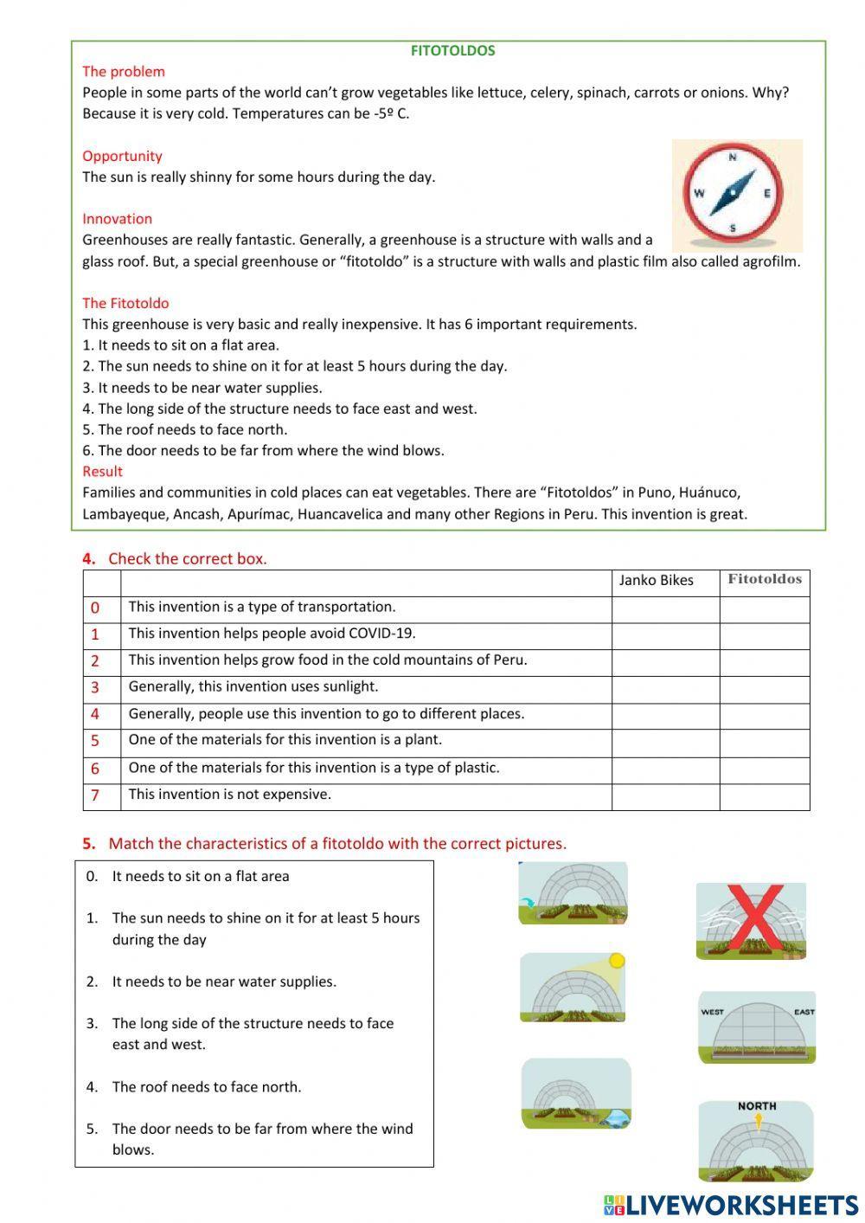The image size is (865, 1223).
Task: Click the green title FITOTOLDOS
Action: tap(452, 51)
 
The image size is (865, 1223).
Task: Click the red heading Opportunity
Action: tap(122, 156)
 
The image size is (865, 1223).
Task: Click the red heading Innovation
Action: tap(117, 219)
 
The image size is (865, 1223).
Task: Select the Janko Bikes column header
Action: tap(656, 581)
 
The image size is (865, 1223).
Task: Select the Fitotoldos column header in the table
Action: tap(765, 580)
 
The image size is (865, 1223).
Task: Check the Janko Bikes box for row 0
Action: tap(665, 608)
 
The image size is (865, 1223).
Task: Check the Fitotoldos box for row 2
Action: tap(765, 662)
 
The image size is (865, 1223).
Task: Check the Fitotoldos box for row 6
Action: tap(765, 769)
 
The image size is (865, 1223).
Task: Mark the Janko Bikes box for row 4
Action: tap(665, 715)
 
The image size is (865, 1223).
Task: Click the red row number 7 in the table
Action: tap(95, 795)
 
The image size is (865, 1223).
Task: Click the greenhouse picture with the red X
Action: tap(751, 921)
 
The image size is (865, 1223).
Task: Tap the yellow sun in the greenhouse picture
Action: tap(616, 961)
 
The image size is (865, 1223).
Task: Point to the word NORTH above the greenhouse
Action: tap(757, 1106)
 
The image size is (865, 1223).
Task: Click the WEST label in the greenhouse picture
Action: tap(713, 1012)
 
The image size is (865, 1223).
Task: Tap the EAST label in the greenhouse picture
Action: tap(804, 1012)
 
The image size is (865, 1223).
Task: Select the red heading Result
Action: tap(102, 472)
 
